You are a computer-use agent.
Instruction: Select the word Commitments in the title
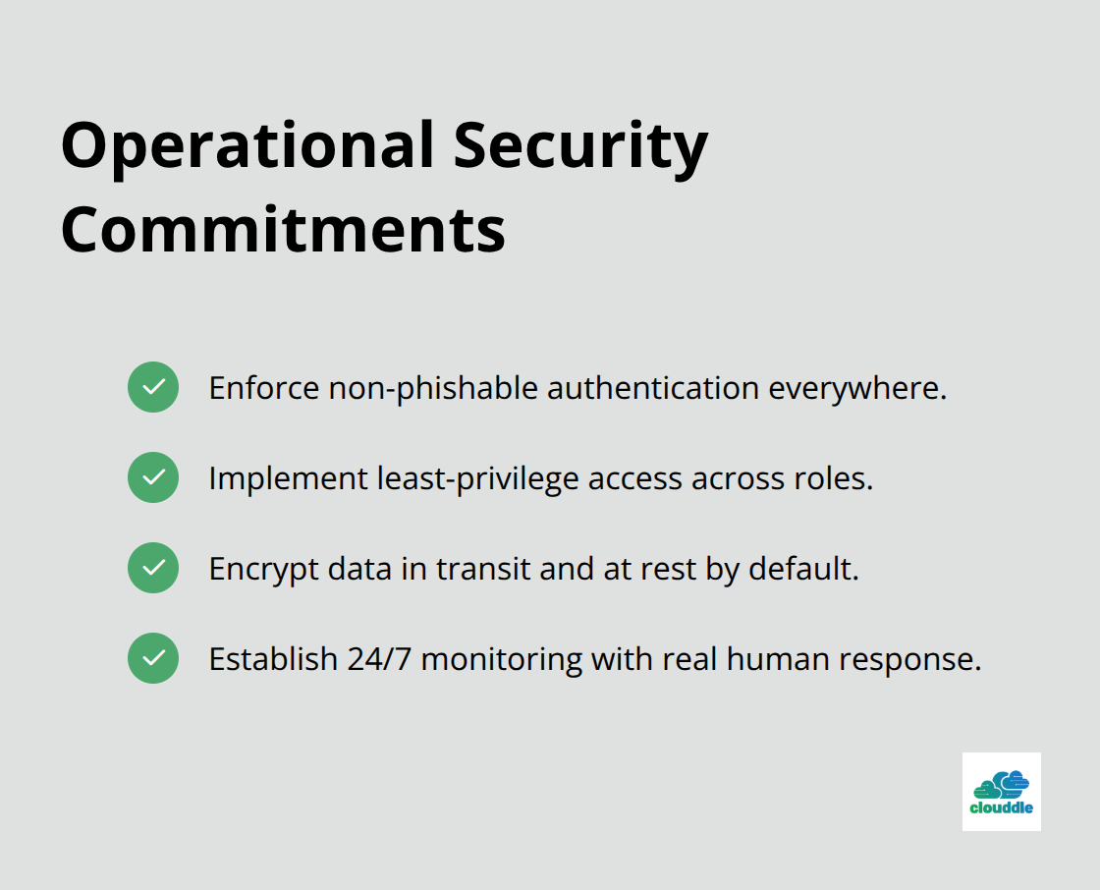coord(283,229)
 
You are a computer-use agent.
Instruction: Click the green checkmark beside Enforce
coord(153,387)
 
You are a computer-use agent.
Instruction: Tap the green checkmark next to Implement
coord(153,477)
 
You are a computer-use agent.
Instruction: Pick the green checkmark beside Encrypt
coord(153,568)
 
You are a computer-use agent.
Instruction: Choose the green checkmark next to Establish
coord(153,658)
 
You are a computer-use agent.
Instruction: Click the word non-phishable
coord(433,388)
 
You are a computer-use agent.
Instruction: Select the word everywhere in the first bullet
coord(856,388)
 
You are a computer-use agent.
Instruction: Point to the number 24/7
coord(379,659)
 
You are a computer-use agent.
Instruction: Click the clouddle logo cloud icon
coord(1001,785)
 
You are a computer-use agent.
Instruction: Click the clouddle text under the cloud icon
coord(1001,810)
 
